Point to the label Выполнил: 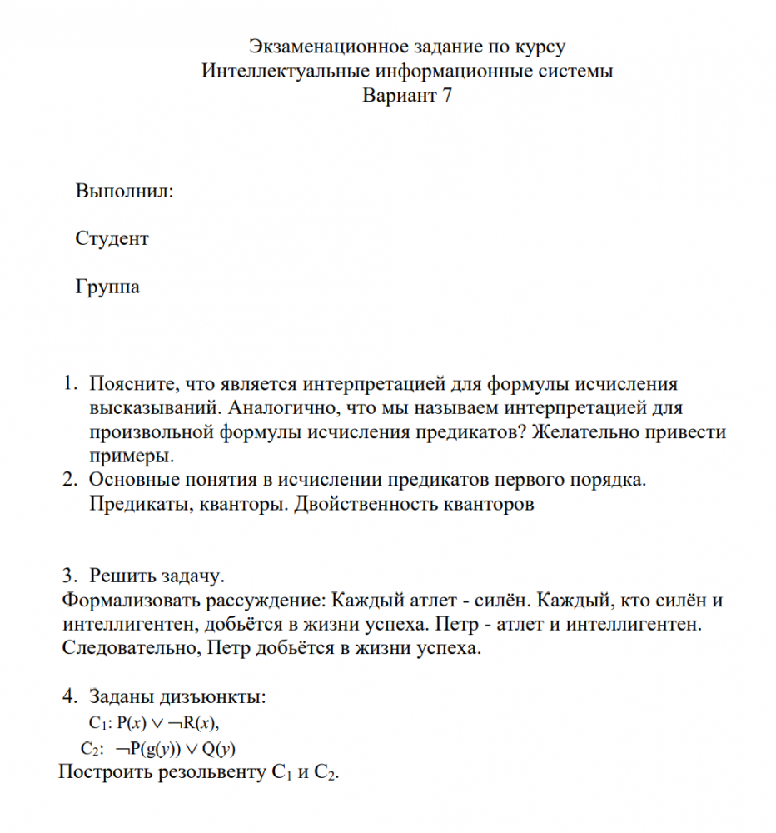[x=125, y=191]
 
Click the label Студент [x=112, y=239]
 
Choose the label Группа [x=108, y=287]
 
